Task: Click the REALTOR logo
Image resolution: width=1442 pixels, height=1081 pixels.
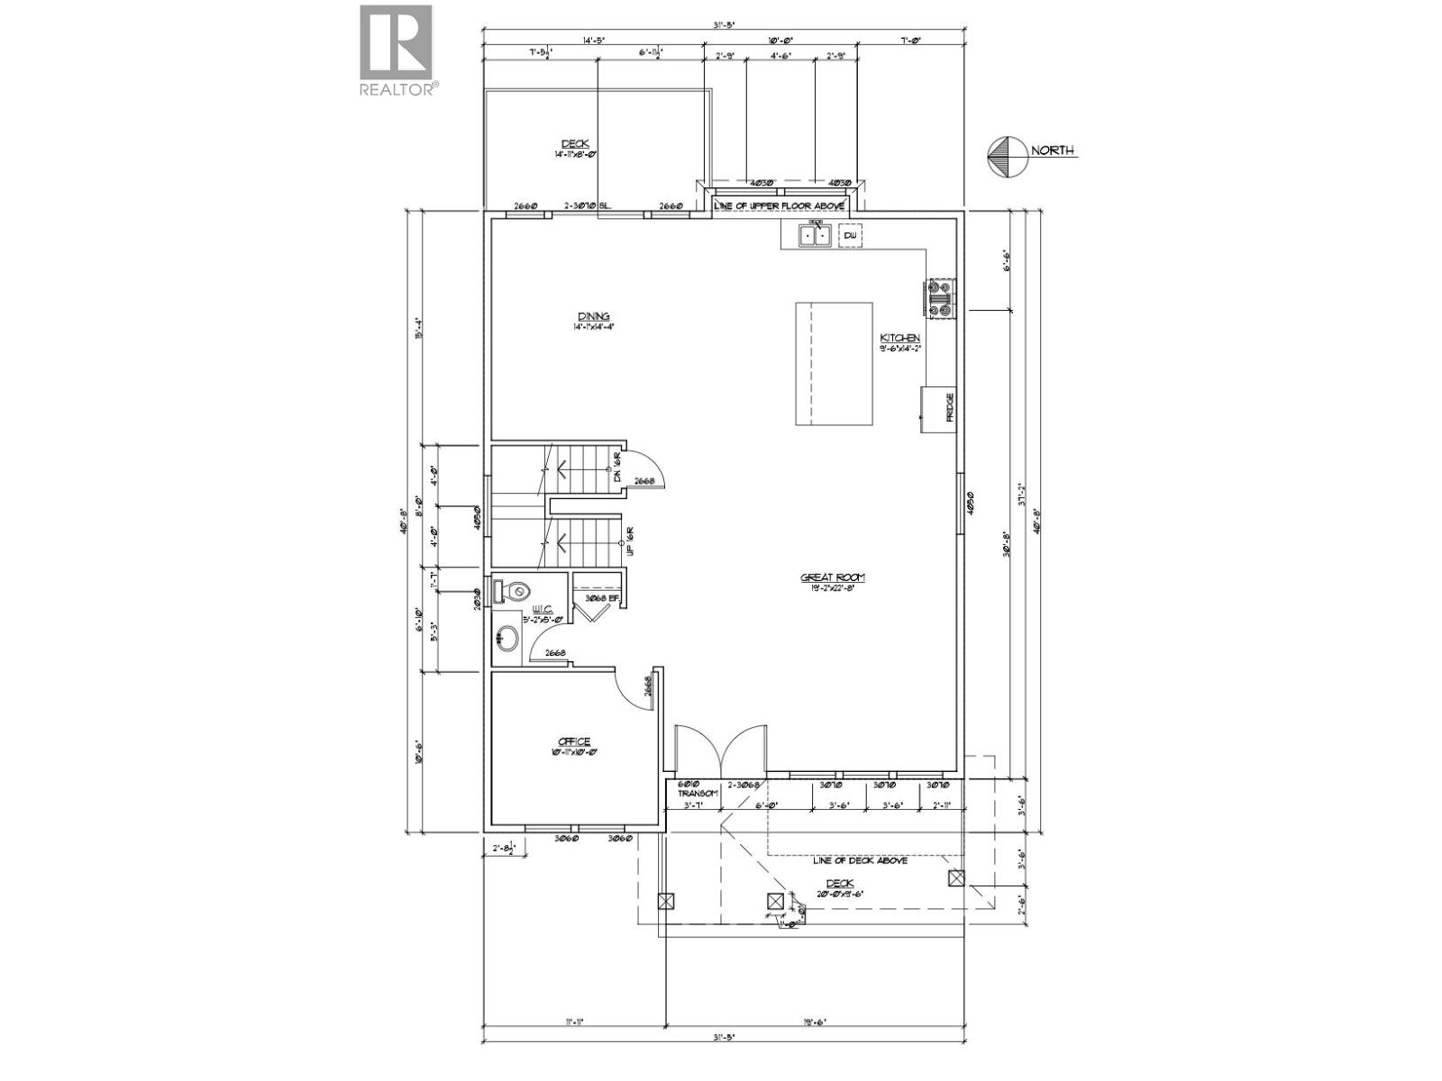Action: [x=397, y=50]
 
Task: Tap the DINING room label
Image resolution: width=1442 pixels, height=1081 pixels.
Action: [x=593, y=316]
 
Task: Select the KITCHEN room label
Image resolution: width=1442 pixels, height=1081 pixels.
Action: [x=899, y=339]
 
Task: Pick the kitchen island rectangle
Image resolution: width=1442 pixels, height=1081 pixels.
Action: [x=834, y=364]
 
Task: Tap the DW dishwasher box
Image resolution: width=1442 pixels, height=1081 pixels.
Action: [x=851, y=236]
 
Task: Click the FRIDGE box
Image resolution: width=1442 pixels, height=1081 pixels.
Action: [x=938, y=409]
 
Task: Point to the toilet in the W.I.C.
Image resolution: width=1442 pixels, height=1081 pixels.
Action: [x=513, y=592]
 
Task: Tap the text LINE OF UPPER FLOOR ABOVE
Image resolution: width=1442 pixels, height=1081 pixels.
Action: [x=779, y=205]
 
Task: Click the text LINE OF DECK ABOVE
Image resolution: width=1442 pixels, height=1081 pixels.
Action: [x=859, y=860]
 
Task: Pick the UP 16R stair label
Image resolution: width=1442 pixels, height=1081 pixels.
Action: [x=631, y=540]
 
